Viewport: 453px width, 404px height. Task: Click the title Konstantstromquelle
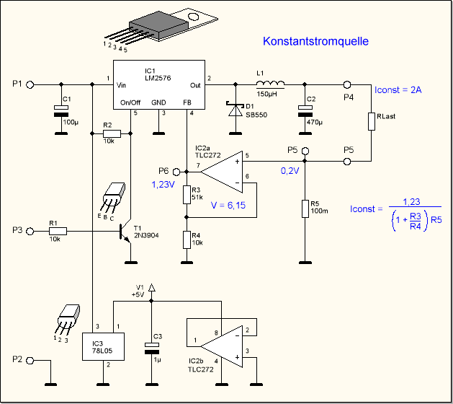pos(316,42)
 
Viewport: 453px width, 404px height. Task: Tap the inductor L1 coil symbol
pos(270,84)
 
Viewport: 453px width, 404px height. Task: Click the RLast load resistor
pos(372,120)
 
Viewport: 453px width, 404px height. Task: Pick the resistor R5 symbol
pos(305,209)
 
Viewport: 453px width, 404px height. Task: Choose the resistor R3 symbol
pos(187,193)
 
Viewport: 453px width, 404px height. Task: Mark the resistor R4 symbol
pos(187,239)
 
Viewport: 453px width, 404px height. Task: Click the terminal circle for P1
pos(30,84)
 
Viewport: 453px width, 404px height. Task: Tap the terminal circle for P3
pos(30,231)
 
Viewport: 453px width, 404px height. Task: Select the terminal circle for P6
pos(174,172)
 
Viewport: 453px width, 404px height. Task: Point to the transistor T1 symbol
pos(124,231)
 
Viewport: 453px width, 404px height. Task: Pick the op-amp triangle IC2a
pos(223,172)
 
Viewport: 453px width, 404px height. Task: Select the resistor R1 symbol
pos(58,231)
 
